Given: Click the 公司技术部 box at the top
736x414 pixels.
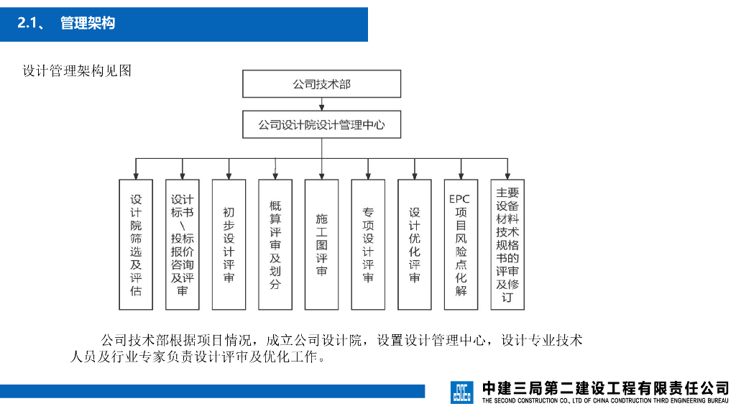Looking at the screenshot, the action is (x=321, y=83).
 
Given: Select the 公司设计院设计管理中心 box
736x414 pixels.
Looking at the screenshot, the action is (x=321, y=124).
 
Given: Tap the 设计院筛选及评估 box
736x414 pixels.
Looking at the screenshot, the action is (x=136, y=244).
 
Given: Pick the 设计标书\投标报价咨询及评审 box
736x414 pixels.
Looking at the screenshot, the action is (x=183, y=244).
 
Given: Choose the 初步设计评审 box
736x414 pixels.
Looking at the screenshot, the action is (x=229, y=244).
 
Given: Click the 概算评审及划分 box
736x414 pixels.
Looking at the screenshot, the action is (x=275, y=244).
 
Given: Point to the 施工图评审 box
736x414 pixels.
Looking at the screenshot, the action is (x=321, y=244).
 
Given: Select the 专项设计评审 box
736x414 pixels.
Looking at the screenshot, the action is (x=368, y=244).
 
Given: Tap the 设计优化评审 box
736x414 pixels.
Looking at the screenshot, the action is (x=415, y=244).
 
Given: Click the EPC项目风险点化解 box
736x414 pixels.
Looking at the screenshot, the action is (x=461, y=244).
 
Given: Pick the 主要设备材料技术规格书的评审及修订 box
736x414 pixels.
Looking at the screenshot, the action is (x=507, y=244).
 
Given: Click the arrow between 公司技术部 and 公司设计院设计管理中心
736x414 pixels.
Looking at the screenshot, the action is (x=321, y=104).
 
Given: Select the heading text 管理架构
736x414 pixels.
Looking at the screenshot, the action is (x=88, y=24).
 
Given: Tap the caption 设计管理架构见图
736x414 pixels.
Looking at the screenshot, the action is (x=77, y=70).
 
